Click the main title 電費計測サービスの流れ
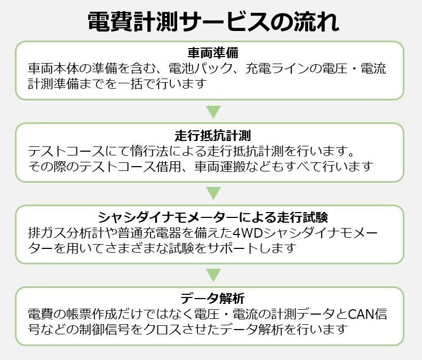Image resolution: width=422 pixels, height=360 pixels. [212, 22]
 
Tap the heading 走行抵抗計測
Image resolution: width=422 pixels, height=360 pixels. [212, 135]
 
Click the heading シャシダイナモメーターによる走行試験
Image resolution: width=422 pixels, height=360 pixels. [212, 217]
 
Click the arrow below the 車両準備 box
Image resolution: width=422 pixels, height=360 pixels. [213, 112]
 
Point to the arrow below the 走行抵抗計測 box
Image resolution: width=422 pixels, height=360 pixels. [213, 193]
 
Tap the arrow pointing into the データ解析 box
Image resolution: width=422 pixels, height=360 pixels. [213, 275]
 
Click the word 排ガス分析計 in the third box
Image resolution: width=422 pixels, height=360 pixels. [59, 233]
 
